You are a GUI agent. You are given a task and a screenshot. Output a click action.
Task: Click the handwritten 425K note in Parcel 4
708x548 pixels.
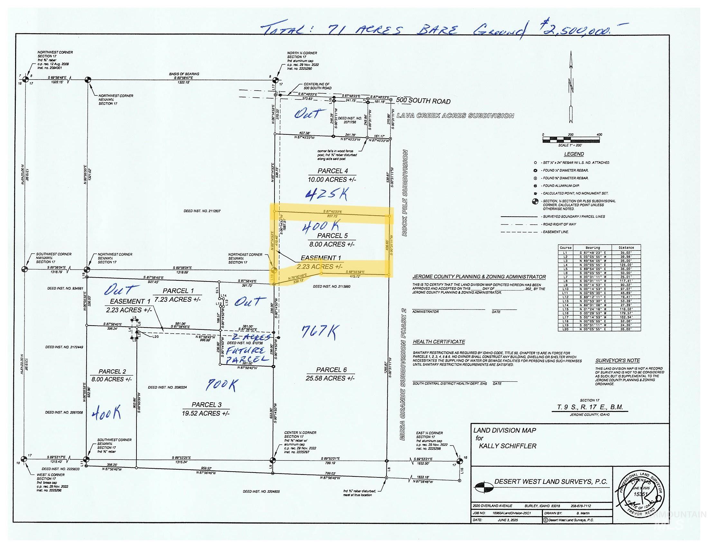click(327, 194)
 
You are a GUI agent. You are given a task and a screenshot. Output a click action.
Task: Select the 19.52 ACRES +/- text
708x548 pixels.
click(206, 413)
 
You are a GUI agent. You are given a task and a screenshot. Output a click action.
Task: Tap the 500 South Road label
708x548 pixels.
click(423, 101)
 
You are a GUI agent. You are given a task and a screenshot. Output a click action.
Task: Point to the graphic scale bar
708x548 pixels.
click(571, 140)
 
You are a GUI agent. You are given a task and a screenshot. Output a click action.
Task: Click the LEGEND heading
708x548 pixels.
click(574, 154)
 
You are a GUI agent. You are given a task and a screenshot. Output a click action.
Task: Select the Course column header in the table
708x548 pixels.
click(566, 247)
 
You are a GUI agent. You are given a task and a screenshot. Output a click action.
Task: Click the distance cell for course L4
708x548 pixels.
click(626, 265)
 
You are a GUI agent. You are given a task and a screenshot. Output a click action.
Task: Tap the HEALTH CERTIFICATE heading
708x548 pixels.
click(439, 342)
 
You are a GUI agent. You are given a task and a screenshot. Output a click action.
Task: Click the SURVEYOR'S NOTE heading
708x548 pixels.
click(618, 360)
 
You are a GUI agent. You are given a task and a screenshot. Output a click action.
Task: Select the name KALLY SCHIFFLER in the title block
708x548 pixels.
click(508, 446)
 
